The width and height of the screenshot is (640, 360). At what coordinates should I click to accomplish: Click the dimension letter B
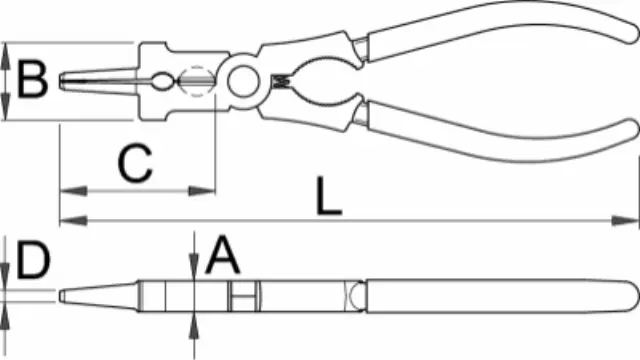pos(32,79)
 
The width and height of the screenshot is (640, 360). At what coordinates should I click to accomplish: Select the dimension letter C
pos(135,162)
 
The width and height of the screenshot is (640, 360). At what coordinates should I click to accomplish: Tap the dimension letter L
pos(329,196)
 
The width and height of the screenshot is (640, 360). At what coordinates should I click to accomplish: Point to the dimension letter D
pos(33,260)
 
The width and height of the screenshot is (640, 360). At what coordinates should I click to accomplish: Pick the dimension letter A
pos(223,255)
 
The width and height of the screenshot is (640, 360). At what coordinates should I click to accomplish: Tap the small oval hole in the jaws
pos(163,81)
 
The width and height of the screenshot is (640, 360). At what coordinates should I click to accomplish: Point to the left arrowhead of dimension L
pos(73,221)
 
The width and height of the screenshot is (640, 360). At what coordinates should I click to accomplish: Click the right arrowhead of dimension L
pos(624,221)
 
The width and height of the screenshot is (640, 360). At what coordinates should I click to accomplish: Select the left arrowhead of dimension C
pos(73,191)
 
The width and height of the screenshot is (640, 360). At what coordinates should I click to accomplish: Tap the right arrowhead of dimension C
pos(202,191)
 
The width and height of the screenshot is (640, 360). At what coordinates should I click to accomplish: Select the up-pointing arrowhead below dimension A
pos(194,326)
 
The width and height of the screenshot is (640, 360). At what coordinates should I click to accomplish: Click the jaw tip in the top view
pos(62,81)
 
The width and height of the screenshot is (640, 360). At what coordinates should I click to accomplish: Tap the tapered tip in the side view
pos(62,296)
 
